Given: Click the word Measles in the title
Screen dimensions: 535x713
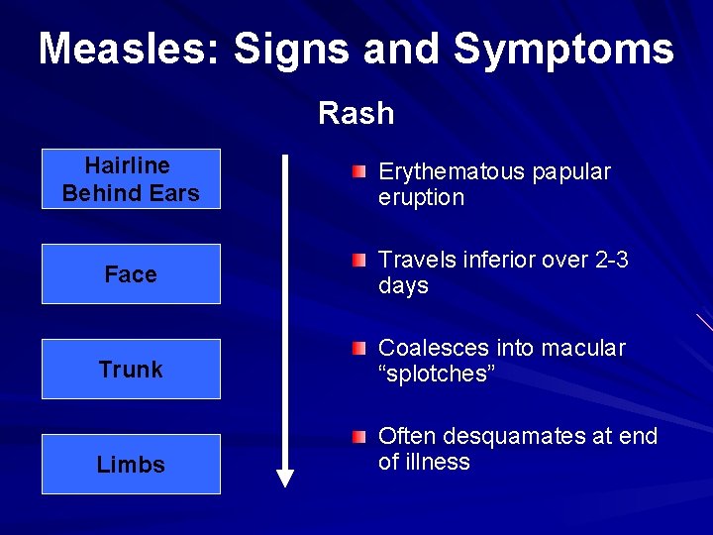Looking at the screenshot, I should click(x=129, y=49).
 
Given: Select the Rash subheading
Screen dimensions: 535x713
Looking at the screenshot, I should click(x=356, y=113).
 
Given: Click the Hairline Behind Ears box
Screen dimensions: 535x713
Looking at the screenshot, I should click(x=131, y=179).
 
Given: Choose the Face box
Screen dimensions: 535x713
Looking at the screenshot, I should click(x=131, y=274).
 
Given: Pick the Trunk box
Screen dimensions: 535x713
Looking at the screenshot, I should click(x=131, y=370).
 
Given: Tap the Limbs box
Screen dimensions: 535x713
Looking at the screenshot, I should click(x=131, y=465).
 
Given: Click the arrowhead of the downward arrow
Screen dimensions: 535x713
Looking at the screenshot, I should click(x=285, y=479).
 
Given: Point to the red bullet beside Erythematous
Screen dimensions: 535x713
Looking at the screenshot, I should click(x=357, y=172).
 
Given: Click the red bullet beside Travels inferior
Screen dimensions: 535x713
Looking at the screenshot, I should click(x=357, y=261).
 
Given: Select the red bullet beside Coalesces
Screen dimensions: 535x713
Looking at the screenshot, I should click(x=357, y=349).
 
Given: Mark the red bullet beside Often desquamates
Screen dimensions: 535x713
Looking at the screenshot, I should click(x=357, y=437).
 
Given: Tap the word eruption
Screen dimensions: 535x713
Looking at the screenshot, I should click(x=421, y=197).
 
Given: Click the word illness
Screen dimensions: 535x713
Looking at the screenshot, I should click(x=437, y=462).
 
